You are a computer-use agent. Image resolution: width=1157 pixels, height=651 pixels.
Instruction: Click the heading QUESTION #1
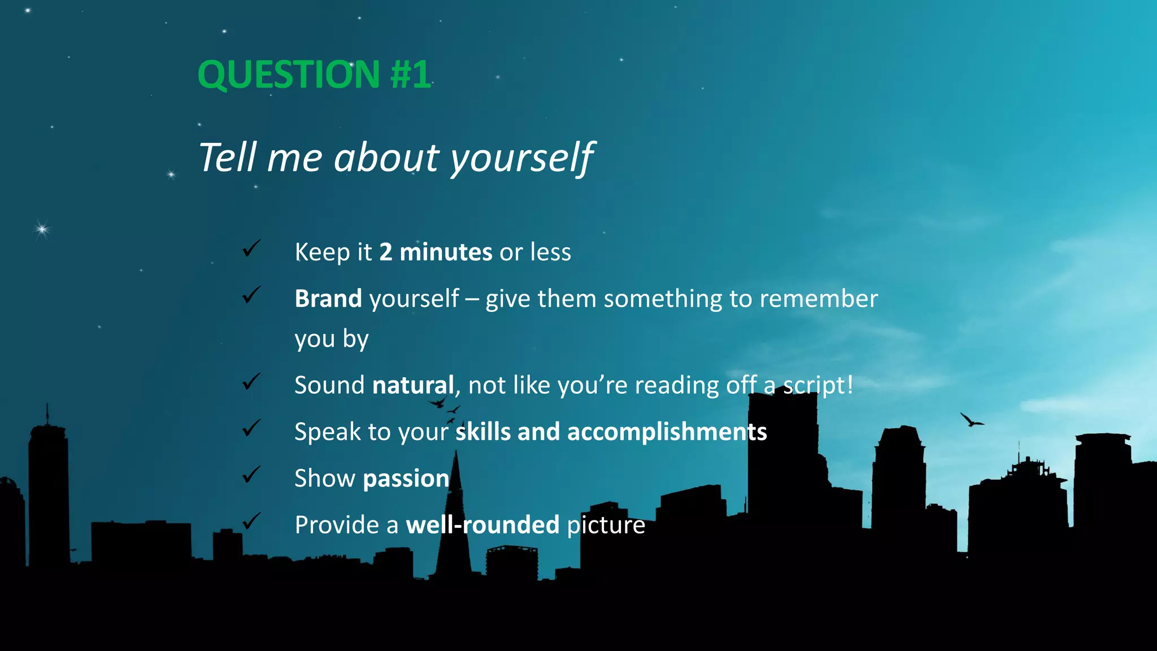314,75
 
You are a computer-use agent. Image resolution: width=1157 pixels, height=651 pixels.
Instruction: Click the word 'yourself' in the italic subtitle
521,158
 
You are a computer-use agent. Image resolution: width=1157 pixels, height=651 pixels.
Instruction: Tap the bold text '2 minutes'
435,252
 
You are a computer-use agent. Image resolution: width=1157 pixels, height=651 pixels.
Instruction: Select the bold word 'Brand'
328,298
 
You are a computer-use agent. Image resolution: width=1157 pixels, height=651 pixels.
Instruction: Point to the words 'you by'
331,339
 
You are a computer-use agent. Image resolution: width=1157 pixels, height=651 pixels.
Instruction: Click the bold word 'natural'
413,385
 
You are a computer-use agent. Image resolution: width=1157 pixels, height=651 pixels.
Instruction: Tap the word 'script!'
817,385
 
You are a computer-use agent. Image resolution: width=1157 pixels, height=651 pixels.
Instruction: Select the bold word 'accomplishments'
667,432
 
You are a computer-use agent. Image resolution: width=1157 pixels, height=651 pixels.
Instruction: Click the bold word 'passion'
406,479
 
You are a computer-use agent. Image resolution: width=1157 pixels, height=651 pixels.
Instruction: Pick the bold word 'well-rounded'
482,525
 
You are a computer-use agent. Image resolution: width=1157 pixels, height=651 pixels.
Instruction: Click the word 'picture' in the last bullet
606,526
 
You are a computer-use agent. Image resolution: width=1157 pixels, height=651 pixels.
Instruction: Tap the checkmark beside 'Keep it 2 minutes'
251,248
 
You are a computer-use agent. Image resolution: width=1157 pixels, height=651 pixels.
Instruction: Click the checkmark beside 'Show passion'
251,475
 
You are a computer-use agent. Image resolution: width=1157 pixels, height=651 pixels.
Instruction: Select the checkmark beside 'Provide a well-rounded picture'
251,521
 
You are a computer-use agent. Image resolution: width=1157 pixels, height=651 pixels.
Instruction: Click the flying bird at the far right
971,420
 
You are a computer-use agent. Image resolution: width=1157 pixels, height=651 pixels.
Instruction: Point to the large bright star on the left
42,229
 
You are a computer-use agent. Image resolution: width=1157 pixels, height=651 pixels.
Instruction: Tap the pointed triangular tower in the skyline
455,520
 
